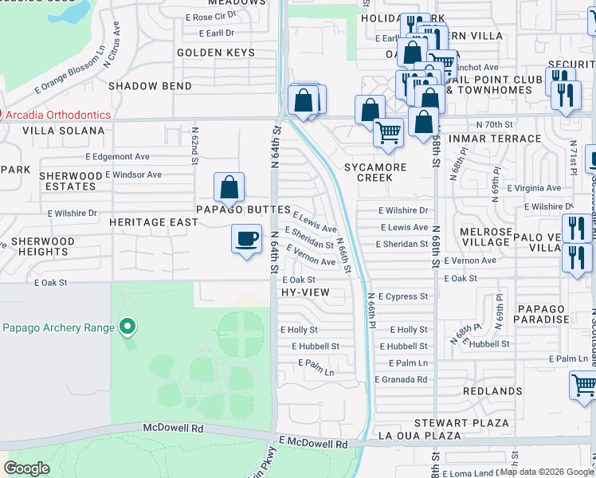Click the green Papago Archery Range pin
click(x=126, y=327)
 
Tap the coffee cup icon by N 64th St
click(x=246, y=238)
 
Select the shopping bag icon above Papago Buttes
click(x=229, y=187)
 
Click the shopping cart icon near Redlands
click(x=584, y=386)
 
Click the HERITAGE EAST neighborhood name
click(x=153, y=222)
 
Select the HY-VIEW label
click(x=305, y=292)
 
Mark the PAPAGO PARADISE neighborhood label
click(x=540, y=315)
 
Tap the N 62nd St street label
click(x=194, y=145)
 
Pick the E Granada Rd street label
click(x=403, y=379)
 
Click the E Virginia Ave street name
click(x=531, y=188)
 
